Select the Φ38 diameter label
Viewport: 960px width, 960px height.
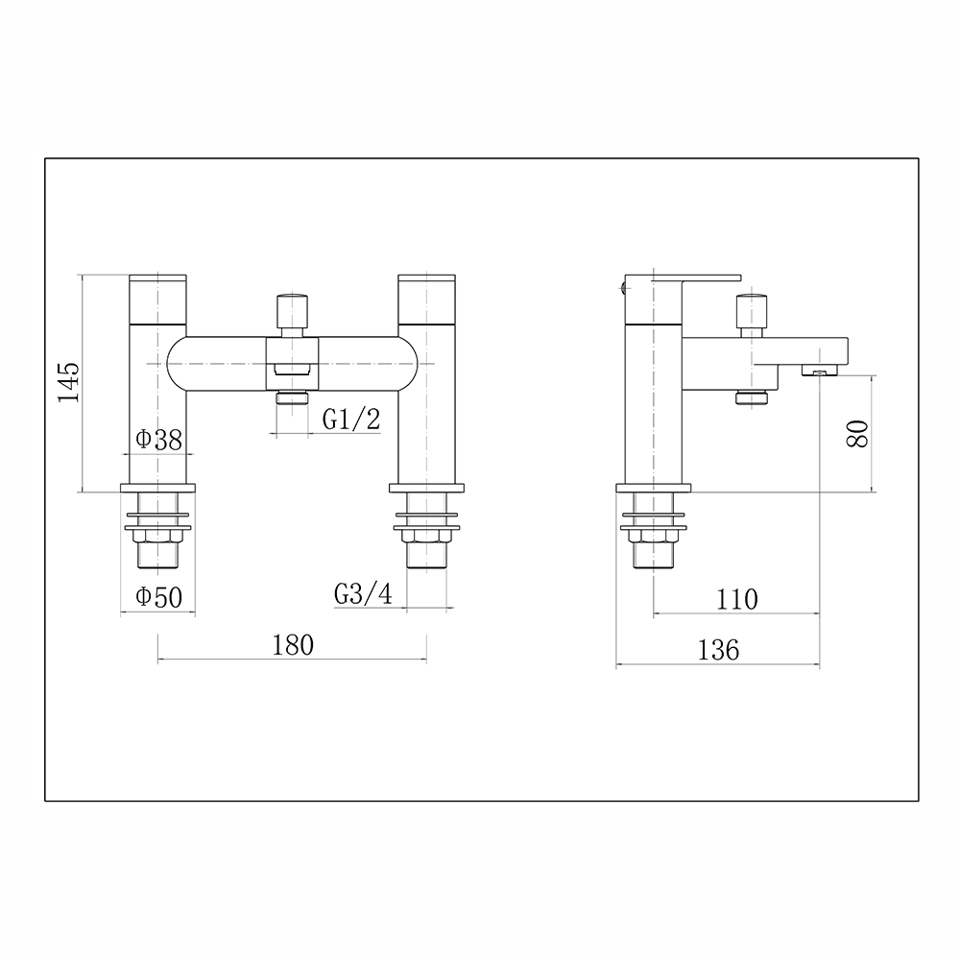pyautogui.click(x=158, y=440)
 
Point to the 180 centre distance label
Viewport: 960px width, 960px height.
pyautogui.click(x=293, y=644)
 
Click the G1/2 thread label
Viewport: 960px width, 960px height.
pyautogui.click(x=351, y=419)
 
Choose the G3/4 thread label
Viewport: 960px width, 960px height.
pyautogui.click(x=363, y=594)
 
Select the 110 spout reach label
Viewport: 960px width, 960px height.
pyautogui.click(x=736, y=600)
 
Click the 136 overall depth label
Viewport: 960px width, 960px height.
pyautogui.click(x=718, y=650)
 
